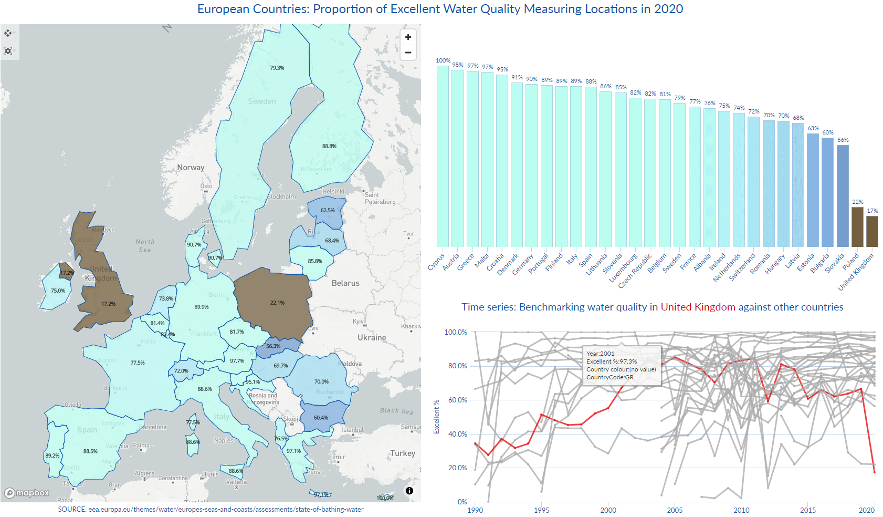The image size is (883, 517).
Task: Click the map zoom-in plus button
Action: point(408,37)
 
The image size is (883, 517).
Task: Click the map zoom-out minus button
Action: point(408,53)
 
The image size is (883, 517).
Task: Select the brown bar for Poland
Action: point(857,227)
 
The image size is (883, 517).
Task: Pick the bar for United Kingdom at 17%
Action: point(872,231)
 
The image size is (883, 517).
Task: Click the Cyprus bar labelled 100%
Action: point(443,156)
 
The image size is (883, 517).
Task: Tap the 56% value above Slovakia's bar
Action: point(843,140)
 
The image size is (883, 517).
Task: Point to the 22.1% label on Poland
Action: point(277,303)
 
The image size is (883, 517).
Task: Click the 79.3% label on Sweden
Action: point(277,68)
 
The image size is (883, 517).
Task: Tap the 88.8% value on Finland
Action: point(329,146)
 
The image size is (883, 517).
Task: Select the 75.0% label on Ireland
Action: point(58,291)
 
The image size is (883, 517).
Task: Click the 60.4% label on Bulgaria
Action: point(321,418)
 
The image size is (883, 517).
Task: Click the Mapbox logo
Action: point(27,493)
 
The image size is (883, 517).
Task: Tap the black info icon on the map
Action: point(409,491)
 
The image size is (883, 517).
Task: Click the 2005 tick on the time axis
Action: point(675,510)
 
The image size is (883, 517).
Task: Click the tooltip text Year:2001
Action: point(600,354)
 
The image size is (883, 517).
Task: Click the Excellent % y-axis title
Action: point(436,417)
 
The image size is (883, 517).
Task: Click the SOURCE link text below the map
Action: point(211,509)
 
